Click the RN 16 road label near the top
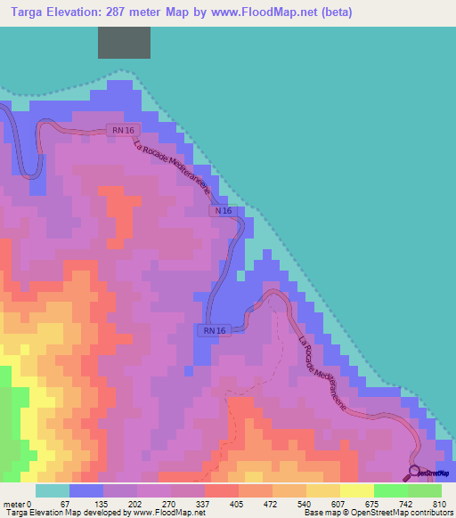(x=123, y=129)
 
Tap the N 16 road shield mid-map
(x=223, y=211)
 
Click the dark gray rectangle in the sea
(x=124, y=43)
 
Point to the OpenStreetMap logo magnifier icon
(x=414, y=472)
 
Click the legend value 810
(x=437, y=504)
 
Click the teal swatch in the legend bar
(x=53, y=490)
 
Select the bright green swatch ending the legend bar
(x=425, y=490)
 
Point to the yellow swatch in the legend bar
(x=357, y=490)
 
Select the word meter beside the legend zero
(x=14, y=504)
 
